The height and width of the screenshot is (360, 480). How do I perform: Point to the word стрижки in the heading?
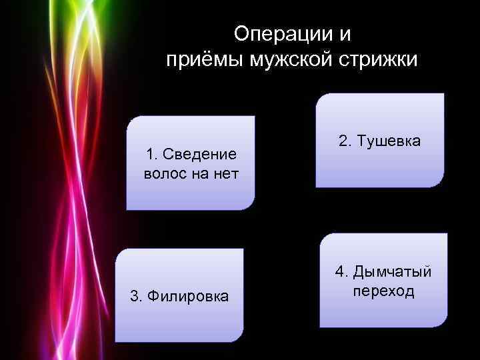(379, 61)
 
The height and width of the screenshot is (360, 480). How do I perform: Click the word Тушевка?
(389, 141)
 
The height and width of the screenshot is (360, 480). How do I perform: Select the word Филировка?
(189, 295)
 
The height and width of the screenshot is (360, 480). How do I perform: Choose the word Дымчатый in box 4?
(393, 272)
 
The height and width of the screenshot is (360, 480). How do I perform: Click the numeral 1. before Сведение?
(151, 155)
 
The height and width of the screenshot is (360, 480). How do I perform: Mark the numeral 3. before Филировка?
(136, 295)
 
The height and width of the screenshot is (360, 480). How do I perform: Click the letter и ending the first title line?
(345, 33)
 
